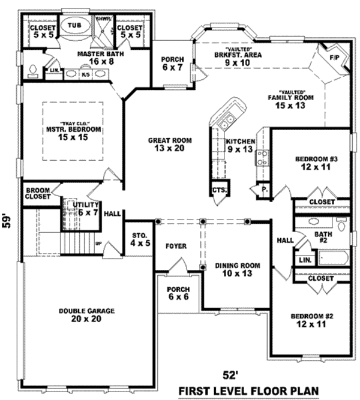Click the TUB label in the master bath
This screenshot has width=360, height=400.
tap(74, 26)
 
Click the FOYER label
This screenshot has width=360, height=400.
tap(176, 246)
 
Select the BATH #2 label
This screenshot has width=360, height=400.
tap(323, 237)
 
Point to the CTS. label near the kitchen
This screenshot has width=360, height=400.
tap(218, 191)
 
